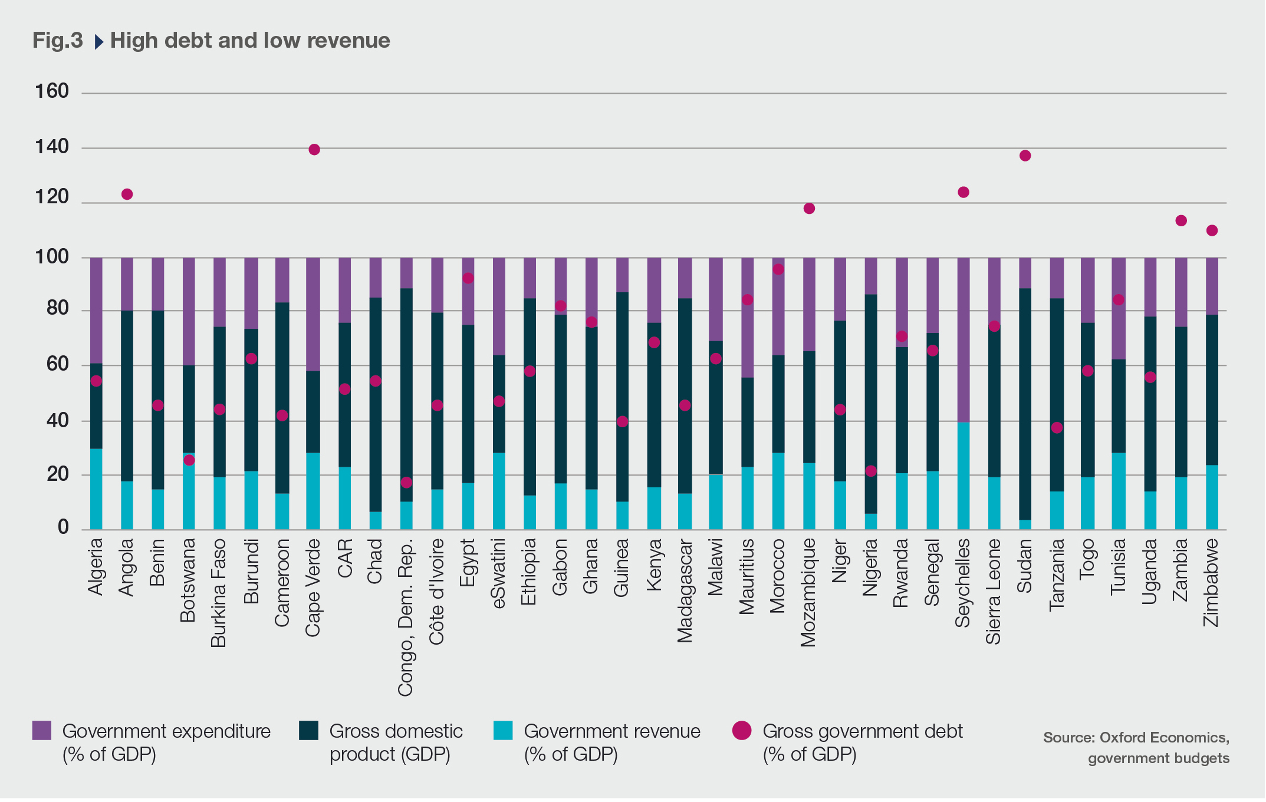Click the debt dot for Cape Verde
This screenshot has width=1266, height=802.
point(314,150)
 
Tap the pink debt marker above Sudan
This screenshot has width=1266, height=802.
point(1025,156)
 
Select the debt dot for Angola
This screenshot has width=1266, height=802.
point(127,194)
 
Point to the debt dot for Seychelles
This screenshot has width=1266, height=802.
point(964,192)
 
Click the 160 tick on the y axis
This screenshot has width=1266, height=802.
point(52,91)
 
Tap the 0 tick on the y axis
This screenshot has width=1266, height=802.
point(63,527)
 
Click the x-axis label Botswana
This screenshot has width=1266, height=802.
point(188,580)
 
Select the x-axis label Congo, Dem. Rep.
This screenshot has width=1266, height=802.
point(405,617)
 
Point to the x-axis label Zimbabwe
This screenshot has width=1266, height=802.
point(1211,583)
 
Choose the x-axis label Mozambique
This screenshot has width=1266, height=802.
point(808,593)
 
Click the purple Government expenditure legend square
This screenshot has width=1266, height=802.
point(42,731)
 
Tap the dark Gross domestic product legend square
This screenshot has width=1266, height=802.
point(308,731)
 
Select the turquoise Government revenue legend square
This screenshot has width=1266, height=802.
point(503,731)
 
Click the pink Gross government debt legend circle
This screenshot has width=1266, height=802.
point(742,731)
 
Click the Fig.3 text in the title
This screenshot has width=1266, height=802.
point(58,41)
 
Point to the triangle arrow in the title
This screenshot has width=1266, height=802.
point(98,42)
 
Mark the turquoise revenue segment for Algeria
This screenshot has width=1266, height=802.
point(96,489)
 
